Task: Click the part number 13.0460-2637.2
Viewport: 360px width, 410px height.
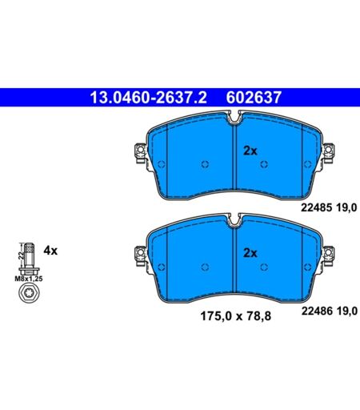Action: (148, 98)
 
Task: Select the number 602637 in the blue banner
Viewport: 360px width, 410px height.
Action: (254, 98)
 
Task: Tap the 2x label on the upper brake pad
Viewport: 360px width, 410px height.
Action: (250, 151)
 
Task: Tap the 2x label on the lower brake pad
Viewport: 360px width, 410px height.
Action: (250, 253)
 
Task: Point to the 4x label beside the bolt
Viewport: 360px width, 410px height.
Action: (50, 251)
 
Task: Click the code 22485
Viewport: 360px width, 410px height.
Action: (317, 207)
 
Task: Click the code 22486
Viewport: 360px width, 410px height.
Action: (317, 311)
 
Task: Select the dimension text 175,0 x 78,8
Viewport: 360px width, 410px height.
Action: (235, 316)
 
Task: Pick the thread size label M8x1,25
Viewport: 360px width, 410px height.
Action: (29, 279)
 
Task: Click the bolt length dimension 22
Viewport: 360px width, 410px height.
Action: (21, 255)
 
